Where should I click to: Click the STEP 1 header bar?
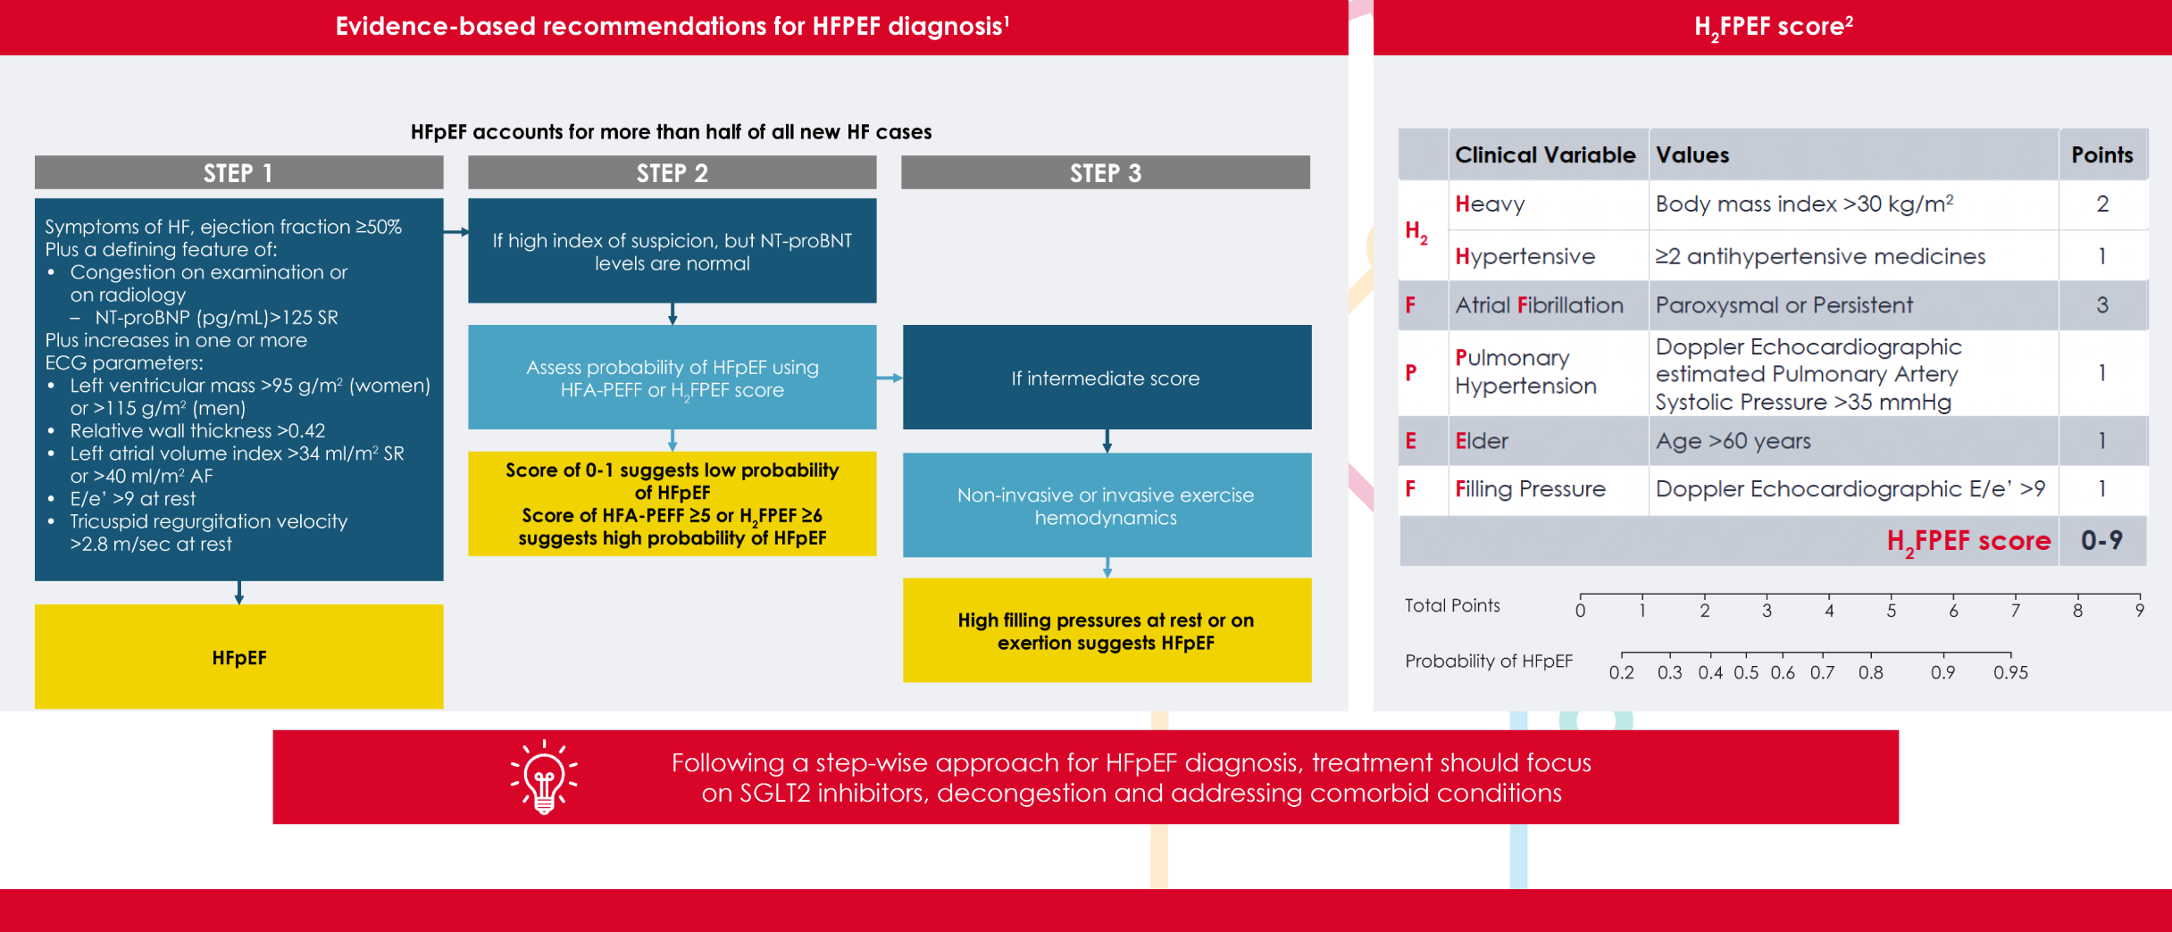[238, 172]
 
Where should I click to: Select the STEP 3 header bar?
[1106, 172]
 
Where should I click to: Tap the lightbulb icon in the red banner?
[544, 777]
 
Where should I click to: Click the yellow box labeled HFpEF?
[238, 657]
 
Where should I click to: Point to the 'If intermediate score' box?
[1107, 378]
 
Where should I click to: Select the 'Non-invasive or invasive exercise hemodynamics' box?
[1107, 505]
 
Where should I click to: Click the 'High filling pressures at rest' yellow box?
[1107, 630]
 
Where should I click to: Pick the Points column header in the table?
[2101, 155]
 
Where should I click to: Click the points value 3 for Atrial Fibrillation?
[2101, 305]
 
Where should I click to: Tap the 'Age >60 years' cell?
[1733, 441]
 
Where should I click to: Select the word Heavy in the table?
[1490, 204]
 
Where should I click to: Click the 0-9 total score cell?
[2101, 540]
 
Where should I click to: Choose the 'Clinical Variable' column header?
[1545, 155]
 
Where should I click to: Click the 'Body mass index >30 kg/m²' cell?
[1804, 204]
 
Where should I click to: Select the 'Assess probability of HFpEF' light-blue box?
[672, 378]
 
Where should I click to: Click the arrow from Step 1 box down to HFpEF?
[238, 593]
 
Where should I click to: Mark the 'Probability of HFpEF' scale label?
[1488, 662]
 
